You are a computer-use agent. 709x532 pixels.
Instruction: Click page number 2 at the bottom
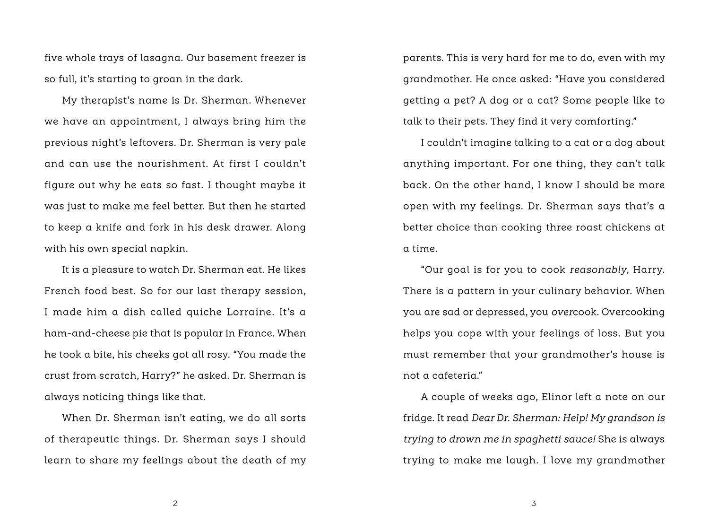[x=175, y=504]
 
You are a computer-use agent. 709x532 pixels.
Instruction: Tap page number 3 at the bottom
[x=534, y=504]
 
